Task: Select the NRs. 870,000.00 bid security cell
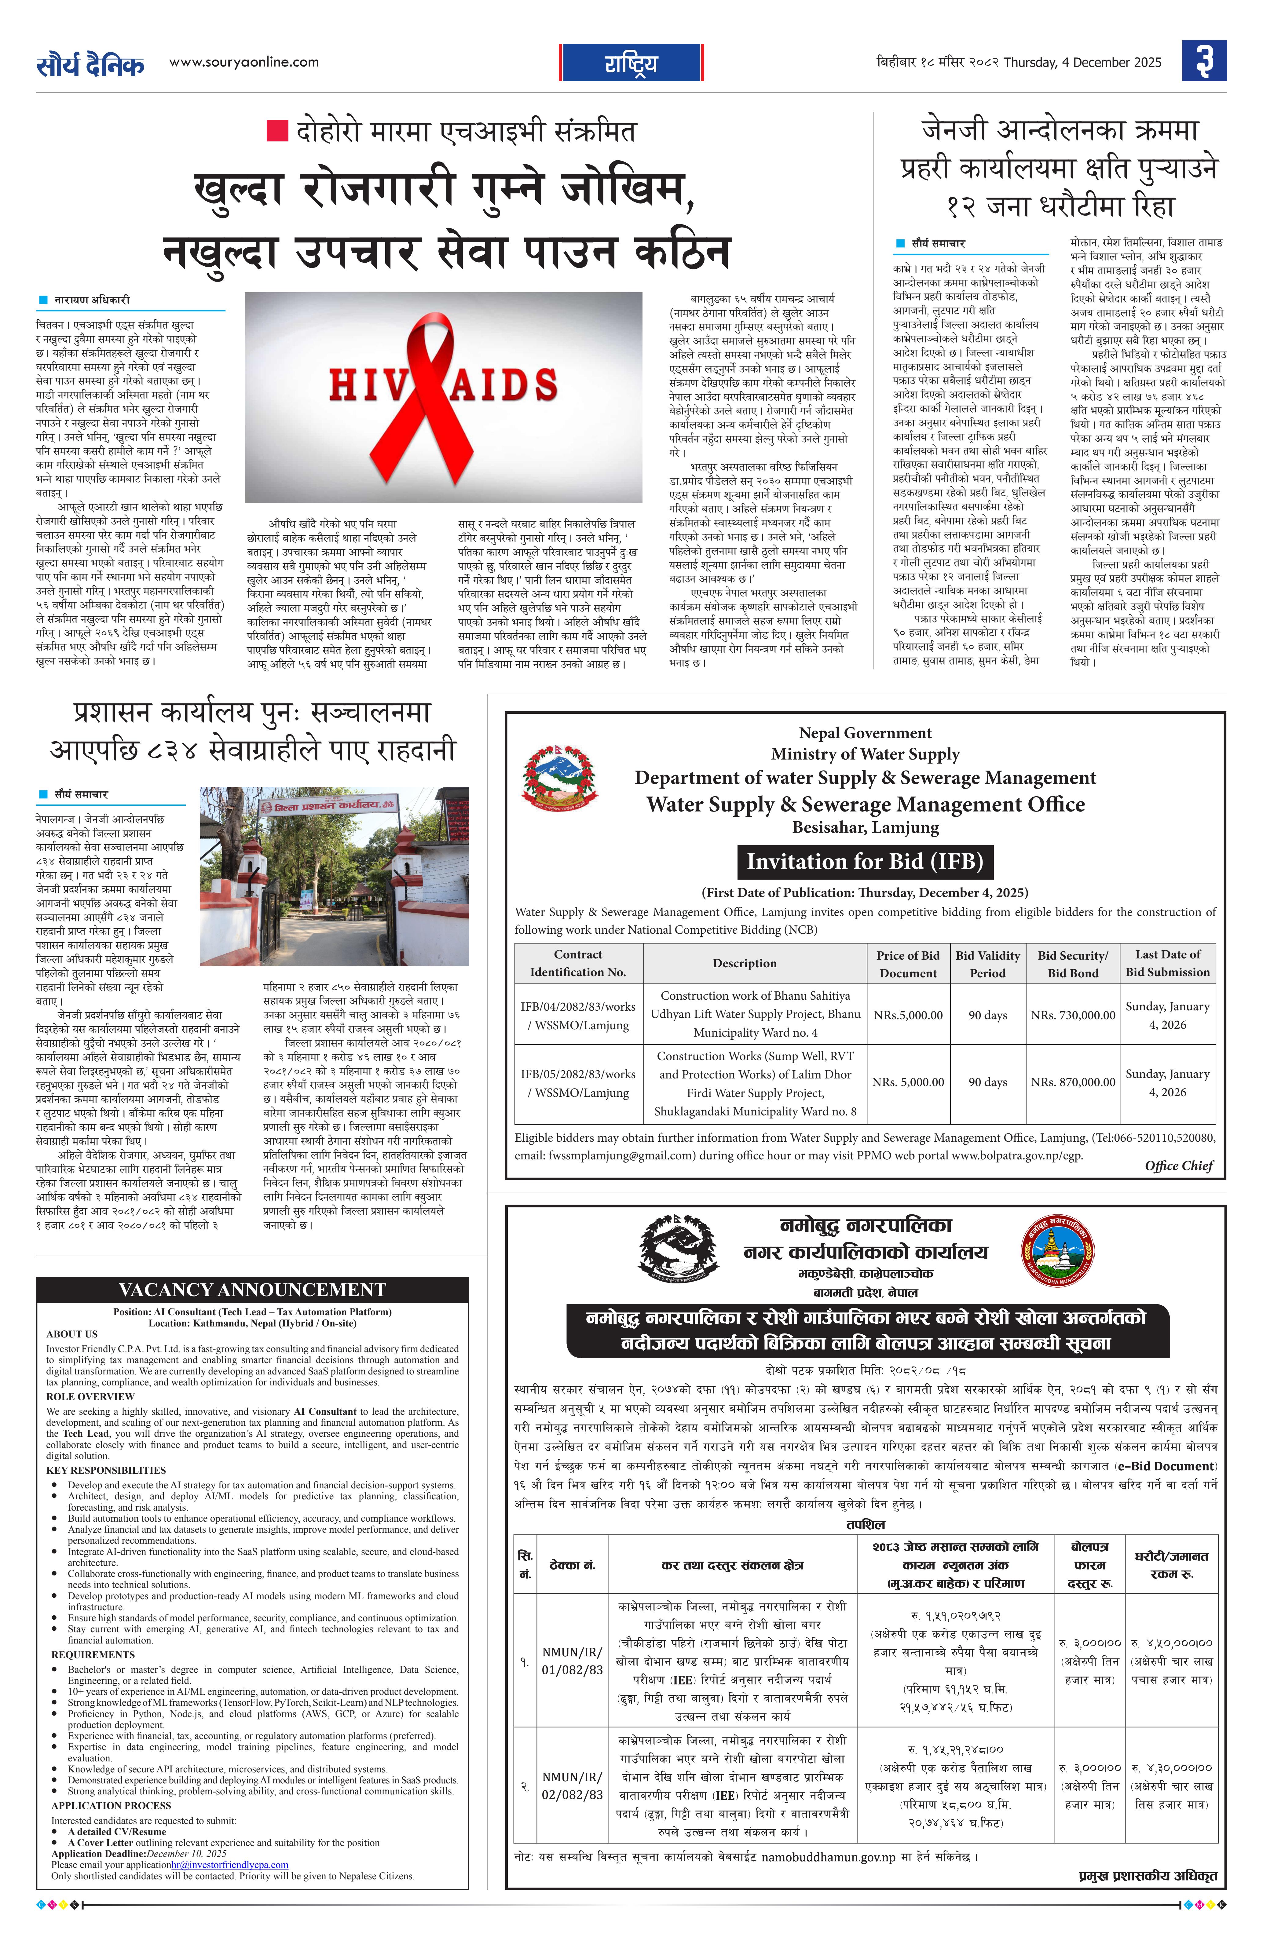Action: pos(1072,1082)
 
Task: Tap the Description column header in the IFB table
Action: pos(744,963)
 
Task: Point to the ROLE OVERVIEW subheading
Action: pos(90,1396)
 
